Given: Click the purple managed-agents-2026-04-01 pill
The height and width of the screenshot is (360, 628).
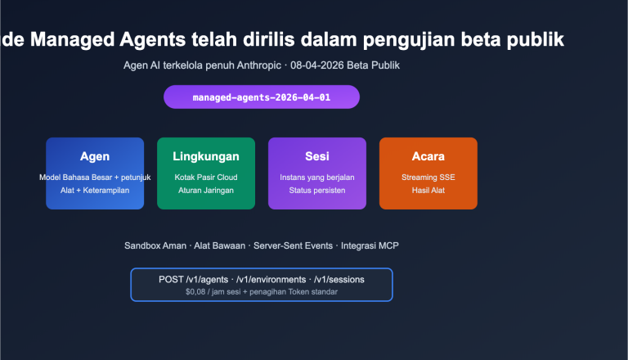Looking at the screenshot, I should (x=262, y=97).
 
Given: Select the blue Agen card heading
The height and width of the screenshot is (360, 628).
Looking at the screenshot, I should (x=95, y=156).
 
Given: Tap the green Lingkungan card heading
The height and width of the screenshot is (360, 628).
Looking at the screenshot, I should (x=206, y=156).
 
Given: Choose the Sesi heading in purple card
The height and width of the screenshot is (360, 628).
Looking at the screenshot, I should (x=317, y=156).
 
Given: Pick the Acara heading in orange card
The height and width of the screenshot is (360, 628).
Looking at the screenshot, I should (x=428, y=156).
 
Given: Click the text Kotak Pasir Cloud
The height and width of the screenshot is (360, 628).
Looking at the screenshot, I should (x=206, y=177).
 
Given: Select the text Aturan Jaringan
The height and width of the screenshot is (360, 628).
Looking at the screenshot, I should (x=206, y=190).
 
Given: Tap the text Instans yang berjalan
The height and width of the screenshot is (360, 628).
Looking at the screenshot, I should (x=317, y=177).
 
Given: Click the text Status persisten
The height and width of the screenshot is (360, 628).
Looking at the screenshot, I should (x=317, y=190).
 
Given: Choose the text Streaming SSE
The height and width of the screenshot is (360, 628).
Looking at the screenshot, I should (x=428, y=177).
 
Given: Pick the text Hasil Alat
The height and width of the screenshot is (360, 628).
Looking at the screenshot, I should (x=428, y=190).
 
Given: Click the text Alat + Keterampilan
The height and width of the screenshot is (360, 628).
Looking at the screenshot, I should (x=95, y=190).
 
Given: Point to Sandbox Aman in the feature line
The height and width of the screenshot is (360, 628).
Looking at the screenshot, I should (x=154, y=245).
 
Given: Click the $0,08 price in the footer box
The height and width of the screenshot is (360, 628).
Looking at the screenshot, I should (x=197, y=291).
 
